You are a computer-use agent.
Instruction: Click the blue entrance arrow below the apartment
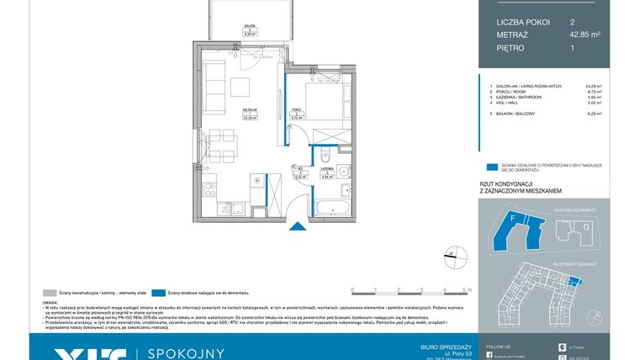pyautogui.click(x=295, y=225)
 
